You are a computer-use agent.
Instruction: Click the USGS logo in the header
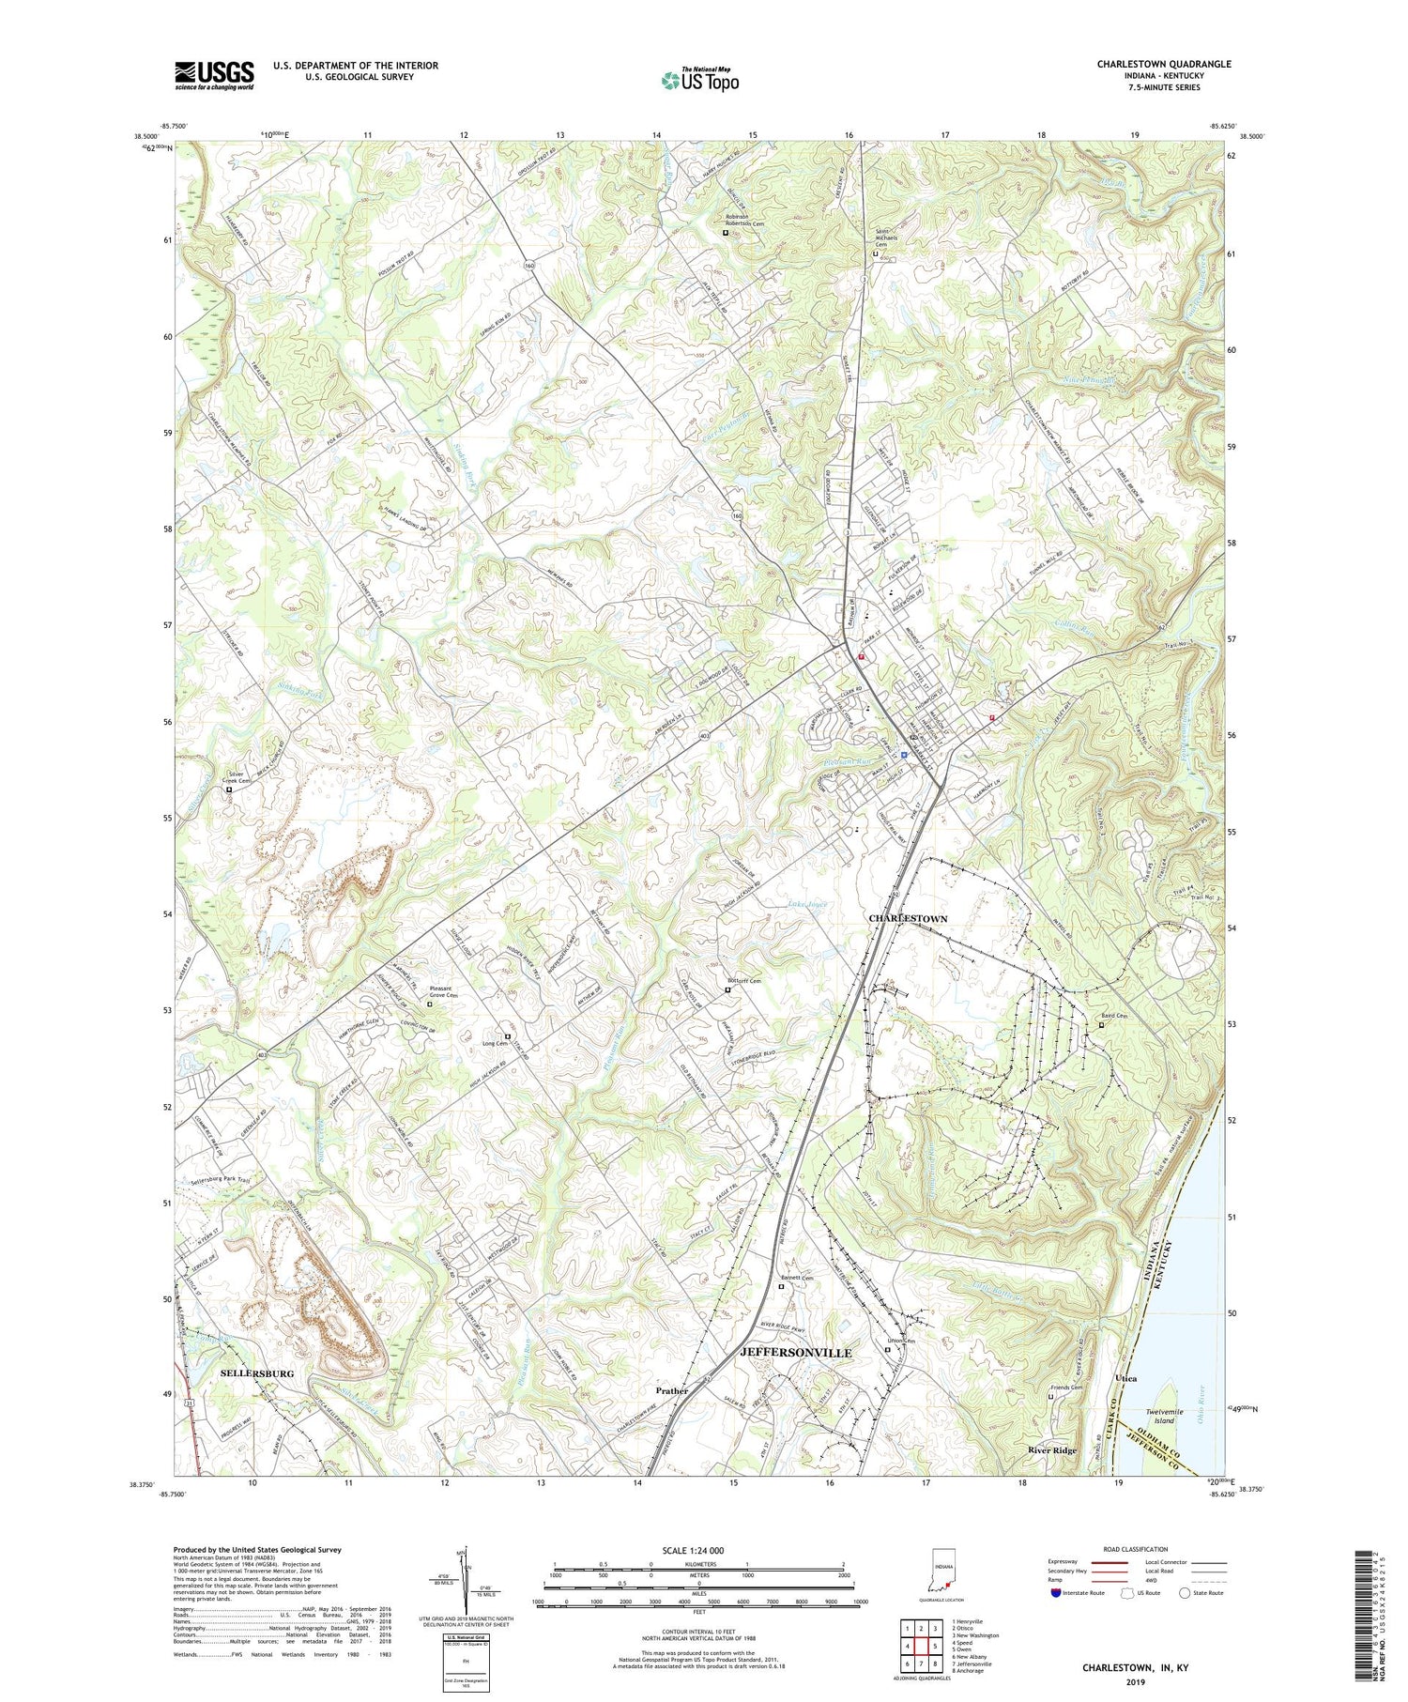tap(214, 75)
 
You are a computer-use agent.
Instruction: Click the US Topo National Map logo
tap(699, 80)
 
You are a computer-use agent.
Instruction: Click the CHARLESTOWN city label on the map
tap(908, 918)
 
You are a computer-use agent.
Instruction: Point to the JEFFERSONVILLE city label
tap(796, 1353)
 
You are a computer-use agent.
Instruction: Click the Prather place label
tap(671, 1390)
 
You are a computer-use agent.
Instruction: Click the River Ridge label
tap(1051, 1450)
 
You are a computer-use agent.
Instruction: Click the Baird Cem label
tap(1114, 1016)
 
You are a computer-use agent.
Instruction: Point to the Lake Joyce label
tap(809, 904)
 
